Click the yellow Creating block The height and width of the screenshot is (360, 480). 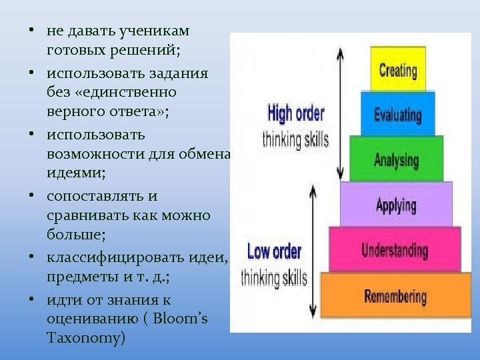[397, 69]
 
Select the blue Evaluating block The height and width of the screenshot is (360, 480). [397, 114]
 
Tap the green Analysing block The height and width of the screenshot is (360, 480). [397, 159]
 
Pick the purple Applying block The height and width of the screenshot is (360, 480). [397, 204]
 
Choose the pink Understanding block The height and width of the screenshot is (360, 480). [395, 250]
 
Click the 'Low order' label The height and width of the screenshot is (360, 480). [274, 252]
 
